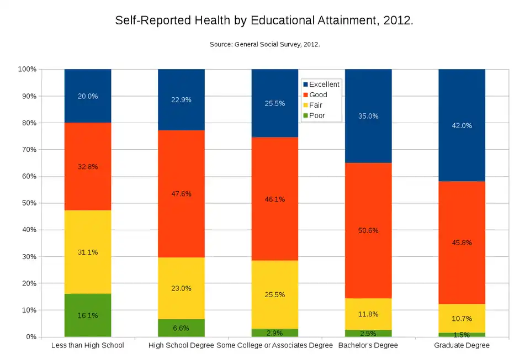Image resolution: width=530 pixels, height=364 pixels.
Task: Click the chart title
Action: [x=264, y=21]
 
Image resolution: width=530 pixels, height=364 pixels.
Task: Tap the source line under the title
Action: [x=264, y=44]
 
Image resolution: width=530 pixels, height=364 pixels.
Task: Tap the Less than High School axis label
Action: [x=87, y=346]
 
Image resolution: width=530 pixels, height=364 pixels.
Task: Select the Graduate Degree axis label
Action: [x=462, y=346]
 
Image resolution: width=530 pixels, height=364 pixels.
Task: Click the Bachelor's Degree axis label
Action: [x=368, y=346]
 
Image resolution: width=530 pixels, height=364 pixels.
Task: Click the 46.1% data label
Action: [x=274, y=199]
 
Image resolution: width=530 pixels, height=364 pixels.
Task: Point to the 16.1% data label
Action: [x=88, y=316]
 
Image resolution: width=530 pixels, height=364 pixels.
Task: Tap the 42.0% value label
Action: [x=462, y=126]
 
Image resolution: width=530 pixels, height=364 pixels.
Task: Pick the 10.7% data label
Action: [x=462, y=319]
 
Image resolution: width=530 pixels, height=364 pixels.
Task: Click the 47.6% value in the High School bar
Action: [x=181, y=194]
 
